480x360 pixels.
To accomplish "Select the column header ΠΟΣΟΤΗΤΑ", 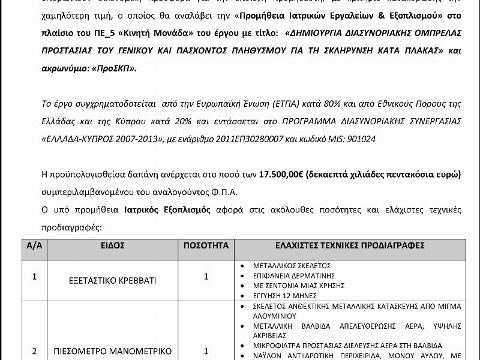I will coord(206,245).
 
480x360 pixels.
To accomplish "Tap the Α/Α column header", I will coord(35,245).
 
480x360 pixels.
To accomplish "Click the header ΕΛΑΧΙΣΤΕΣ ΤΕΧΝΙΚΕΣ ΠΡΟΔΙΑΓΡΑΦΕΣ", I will coord(350,245).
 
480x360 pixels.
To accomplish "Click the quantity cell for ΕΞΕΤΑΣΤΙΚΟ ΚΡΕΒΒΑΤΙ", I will coord(206,277).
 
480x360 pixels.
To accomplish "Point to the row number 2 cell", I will coord(34,351).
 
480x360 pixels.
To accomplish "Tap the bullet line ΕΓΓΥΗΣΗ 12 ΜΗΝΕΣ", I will coord(277,295).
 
